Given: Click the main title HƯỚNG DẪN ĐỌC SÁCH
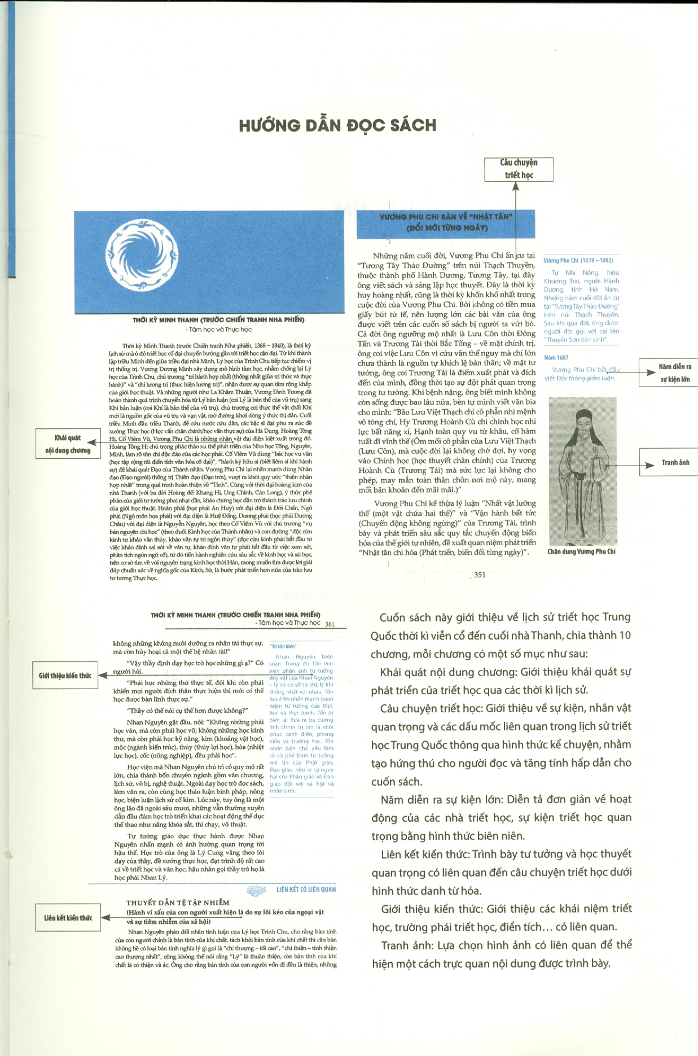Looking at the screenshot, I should click(x=337, y=125).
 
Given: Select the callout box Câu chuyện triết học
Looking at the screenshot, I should click(x=519, y=169).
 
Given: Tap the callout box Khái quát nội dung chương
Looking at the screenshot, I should click(x=68, y=444).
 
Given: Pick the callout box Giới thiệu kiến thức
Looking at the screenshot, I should click(x=65, y=675).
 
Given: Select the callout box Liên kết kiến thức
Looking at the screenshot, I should click(x=68, y=918).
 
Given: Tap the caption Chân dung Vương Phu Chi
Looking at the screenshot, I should click(x=581, y=551).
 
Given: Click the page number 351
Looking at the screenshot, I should click(x=480, y=575).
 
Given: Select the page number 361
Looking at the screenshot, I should click(x=330, y=624).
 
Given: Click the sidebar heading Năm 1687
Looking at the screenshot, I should click(x=556, y=357).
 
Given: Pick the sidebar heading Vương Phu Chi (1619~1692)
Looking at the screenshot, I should click(x=578, y=260).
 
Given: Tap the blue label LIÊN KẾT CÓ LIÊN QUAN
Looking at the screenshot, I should click(x=306, y=890).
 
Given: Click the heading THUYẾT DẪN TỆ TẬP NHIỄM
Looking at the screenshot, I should click(x=178, y=902).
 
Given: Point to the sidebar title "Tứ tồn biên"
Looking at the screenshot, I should click(x=283, y=646).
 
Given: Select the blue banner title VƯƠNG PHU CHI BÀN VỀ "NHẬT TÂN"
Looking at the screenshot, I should click(x=445, y=222).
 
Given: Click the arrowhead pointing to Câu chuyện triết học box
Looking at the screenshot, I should click(x=516, y=186).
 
